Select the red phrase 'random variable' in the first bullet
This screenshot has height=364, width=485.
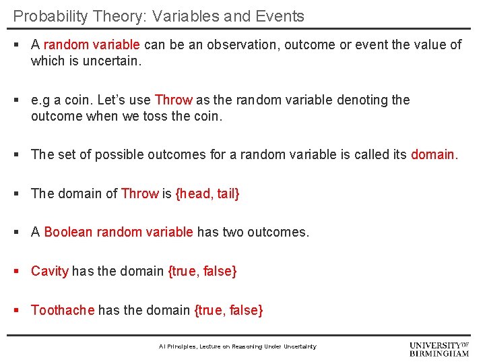click(x=92, y=45)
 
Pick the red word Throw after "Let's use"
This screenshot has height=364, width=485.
click(x=173, y=100)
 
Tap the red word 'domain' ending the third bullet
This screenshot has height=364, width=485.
click(x=433, y=154)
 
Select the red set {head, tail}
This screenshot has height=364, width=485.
click(x=207, y=194)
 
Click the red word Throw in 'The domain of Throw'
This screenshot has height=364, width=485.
click(x=139, y=194)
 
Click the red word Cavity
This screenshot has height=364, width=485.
click(x=50, y=272)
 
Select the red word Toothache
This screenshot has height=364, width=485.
click(x=63, y=311)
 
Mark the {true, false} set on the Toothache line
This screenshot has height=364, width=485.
click(x=228, y=311)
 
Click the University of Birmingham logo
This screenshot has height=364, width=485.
click(x=439, y=348)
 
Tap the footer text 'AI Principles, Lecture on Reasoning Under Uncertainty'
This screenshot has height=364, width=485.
click(x=237, y=346)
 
